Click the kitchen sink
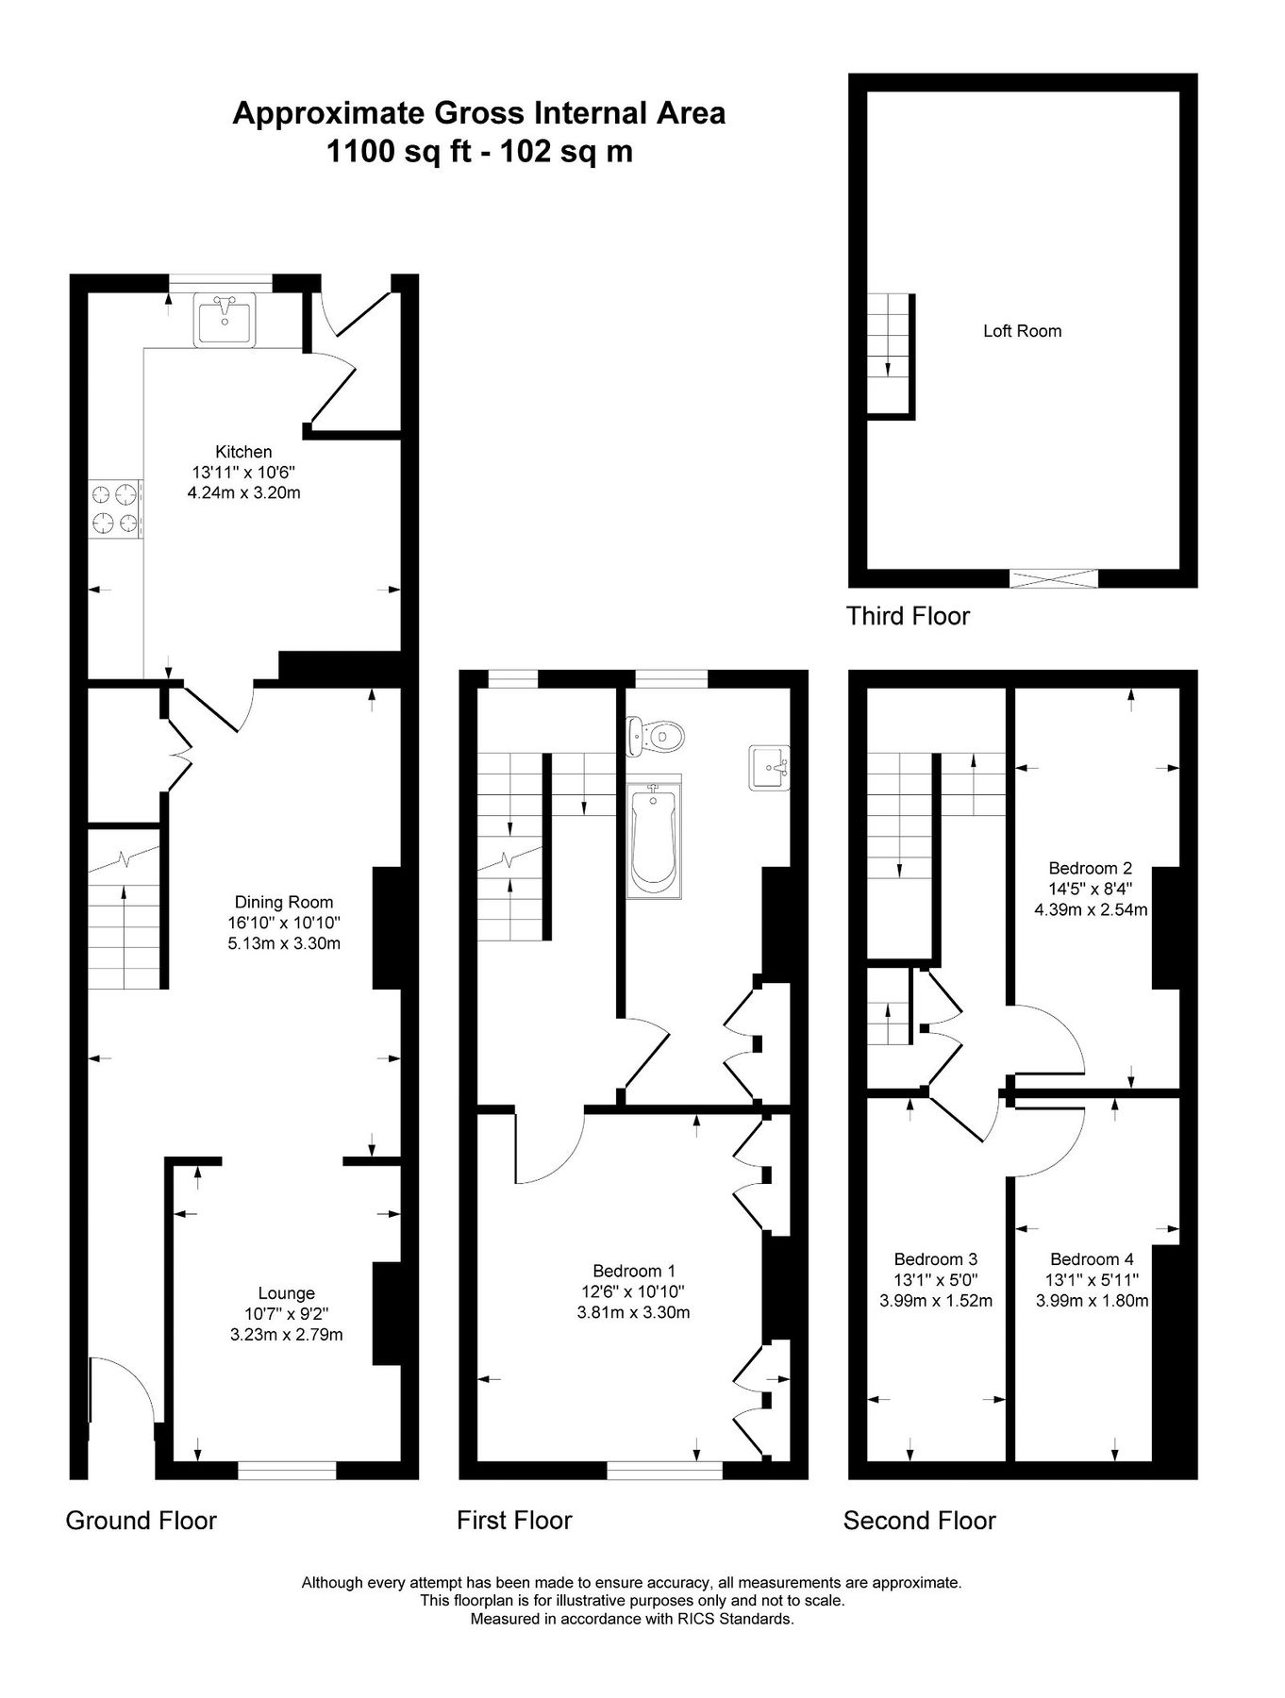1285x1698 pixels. [225, 319]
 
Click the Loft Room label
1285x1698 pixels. [1022, 331]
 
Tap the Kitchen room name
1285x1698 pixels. [243, 452]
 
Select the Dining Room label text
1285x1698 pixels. [284, 902]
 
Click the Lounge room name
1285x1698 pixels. [286, 1293]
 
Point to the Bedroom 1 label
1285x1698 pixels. [633, 1271]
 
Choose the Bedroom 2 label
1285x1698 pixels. [1090, 868]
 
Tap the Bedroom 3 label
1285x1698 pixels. [935, 1258]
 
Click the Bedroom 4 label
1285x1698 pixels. [1092, 1258]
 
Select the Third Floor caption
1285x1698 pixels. [908, 616]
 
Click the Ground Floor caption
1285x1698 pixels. [141, 1520]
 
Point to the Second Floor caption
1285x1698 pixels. [919, 1520]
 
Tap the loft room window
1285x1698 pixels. [1054, 578]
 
